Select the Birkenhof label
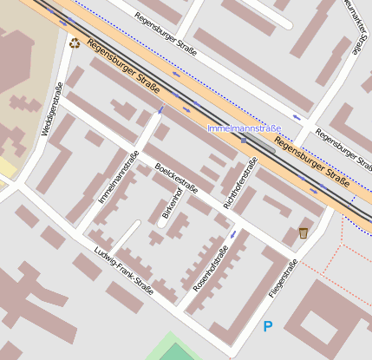tap(173, 201)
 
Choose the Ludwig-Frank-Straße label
tap(122, 272)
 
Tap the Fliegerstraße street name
tap(283, 279)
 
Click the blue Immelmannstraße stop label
tap(244, 128)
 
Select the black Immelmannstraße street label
tap(119, 178)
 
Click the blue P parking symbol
tap(268, 326)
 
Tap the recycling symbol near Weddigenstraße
tap(74, 42)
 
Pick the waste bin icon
tap(303, 232)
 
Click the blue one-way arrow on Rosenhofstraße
tap(232, 234)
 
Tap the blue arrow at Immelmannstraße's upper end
tap(160, 110)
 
